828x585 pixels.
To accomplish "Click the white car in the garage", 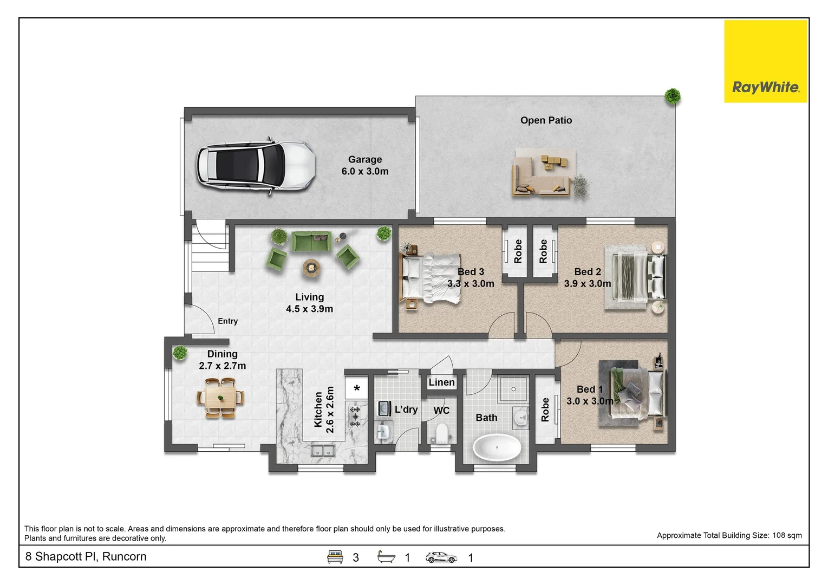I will click(x=255, y=166).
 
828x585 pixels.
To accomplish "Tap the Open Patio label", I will click(x=546, y=120).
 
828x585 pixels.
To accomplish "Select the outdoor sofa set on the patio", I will click(x=542, y=174).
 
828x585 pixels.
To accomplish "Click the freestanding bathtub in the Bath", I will click(x=497, y=447).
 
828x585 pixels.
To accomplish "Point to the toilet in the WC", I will click(x=441, y=433).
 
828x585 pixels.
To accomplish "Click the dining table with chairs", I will click(x=220, y=398).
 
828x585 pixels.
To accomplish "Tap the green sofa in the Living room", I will click(x=311, y=242).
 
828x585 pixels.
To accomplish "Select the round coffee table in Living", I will click(x=311, y=267).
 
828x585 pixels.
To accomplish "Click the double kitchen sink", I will click(x=323, y=450).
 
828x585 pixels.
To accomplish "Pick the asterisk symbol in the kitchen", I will click(x=356, y=388).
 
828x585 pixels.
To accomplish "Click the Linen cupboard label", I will click(x=441, y=382).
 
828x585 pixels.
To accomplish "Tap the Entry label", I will click(x=227, y=321).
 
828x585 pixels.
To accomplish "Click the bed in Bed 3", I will click(x=431, y=279).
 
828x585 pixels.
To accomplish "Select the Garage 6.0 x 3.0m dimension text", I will click(x=365, y=171).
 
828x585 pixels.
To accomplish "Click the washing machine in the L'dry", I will click(x=384, y=408).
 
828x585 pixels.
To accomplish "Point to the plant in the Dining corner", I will click(x=179, y=353).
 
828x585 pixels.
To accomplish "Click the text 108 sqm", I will click(x=787, y=535).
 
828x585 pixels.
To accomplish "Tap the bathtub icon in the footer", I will click(x=386, y=557).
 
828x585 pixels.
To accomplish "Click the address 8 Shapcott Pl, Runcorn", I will click(x=86, y=557).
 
